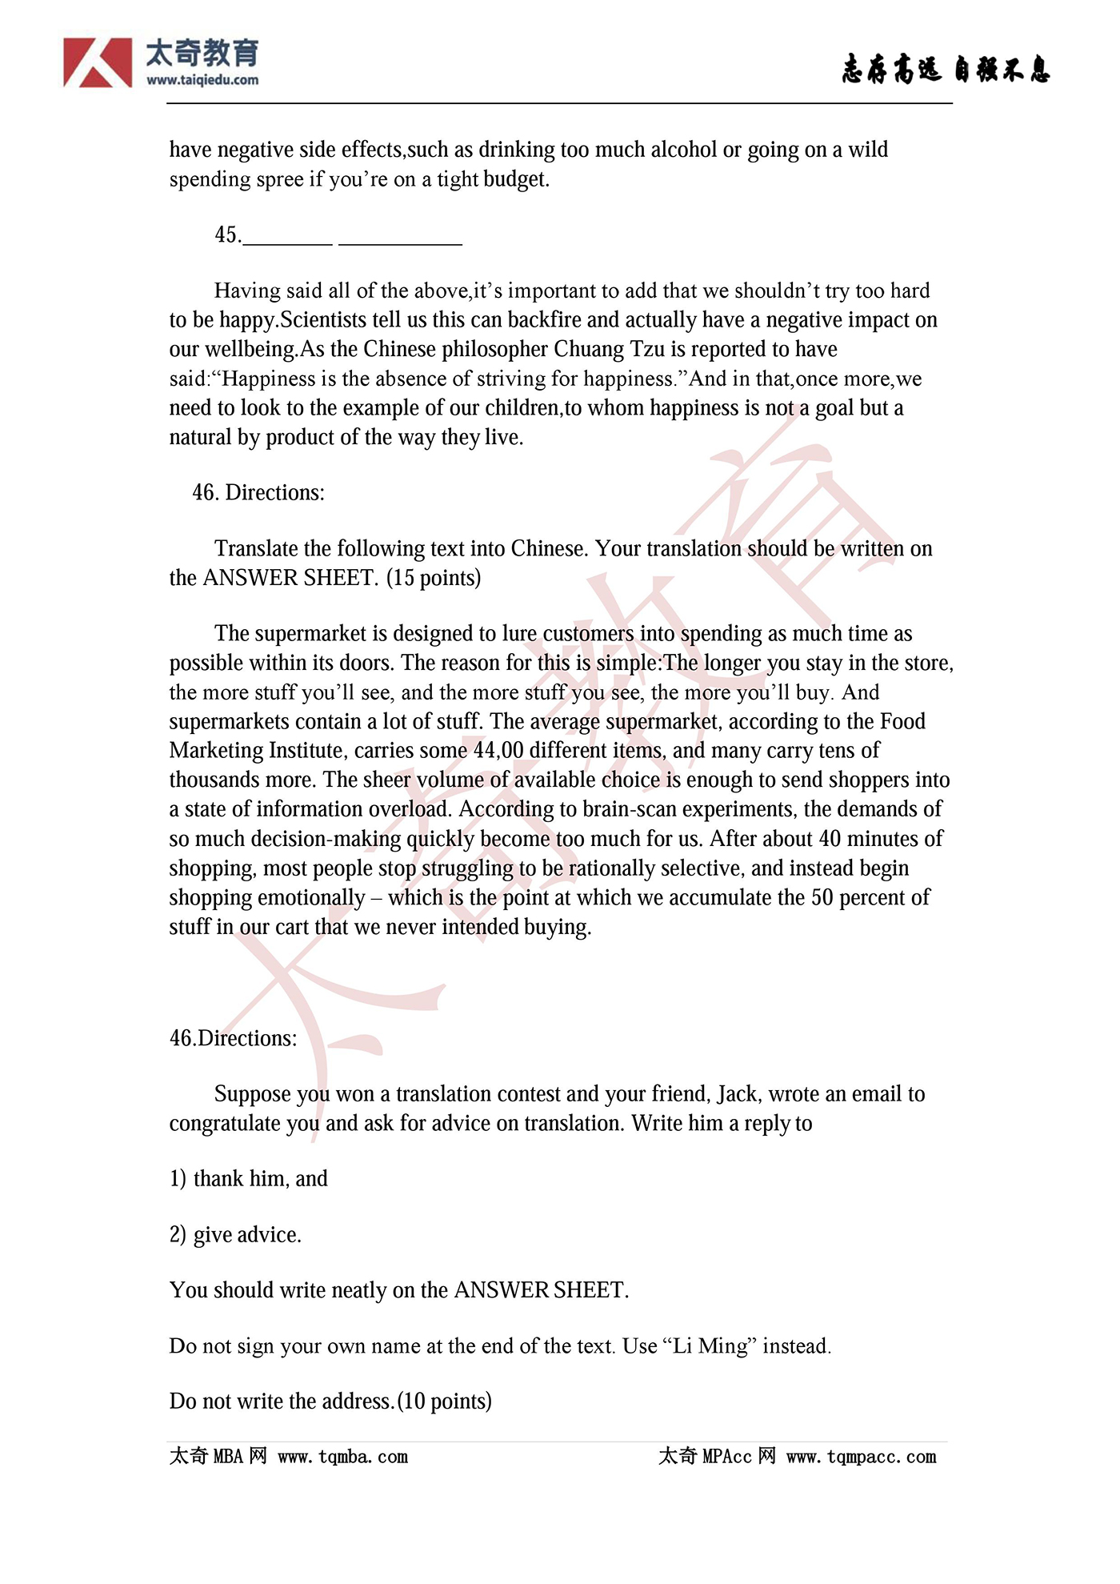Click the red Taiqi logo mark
[x=98, y=62]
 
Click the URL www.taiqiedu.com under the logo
[x=202, y=80]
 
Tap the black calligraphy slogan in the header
[x=945, y=70]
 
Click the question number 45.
[x=227, y=235]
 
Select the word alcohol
[x=684, y=150]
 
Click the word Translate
[x=256, y=548]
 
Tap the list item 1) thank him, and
[x=249, y=1179]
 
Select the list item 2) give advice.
[x=235, y=1235]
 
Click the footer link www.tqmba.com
[x=342, y=1457]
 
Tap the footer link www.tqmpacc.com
[x=861, y=1457]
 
